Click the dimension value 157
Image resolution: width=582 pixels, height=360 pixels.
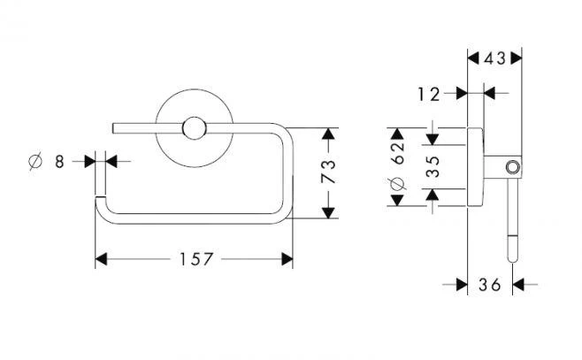tap(193, 259)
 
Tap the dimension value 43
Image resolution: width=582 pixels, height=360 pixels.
tap(494, 59)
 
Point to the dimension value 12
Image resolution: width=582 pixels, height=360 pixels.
tap(429, 93)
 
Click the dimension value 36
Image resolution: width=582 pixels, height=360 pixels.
tap(489, 284)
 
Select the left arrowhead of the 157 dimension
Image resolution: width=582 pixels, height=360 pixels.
tap(100, 259)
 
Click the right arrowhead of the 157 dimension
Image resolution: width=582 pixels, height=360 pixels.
tap(287, 259)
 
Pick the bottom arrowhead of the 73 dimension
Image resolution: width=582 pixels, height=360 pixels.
tap(328, 213)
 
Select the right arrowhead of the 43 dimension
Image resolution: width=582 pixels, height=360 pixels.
tap(517, 59)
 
